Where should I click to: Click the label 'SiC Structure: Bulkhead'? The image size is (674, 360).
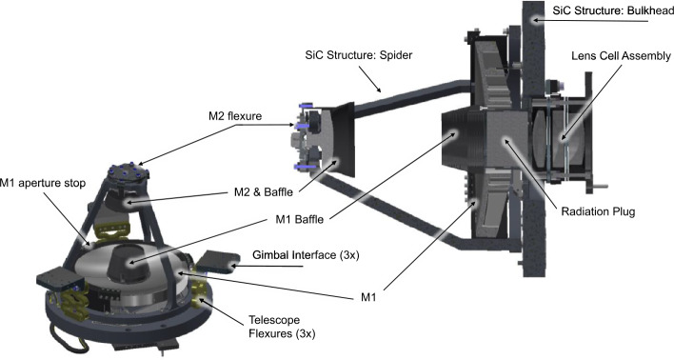(613, 10)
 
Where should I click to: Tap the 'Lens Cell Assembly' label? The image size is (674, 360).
(621, 56)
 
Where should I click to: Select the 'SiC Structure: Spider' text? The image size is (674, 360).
(359, 55)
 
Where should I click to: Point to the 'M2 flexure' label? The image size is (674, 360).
(235, 116)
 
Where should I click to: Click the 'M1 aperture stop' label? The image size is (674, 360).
(43, 183)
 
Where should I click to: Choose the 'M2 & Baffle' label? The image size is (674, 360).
(264, 191)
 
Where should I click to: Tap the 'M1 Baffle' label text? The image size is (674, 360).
(299, 219)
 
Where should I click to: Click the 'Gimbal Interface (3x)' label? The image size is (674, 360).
(306, 255)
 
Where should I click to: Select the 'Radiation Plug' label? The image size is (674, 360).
(598, 211)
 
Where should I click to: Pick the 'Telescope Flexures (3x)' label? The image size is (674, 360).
(282, 327)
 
